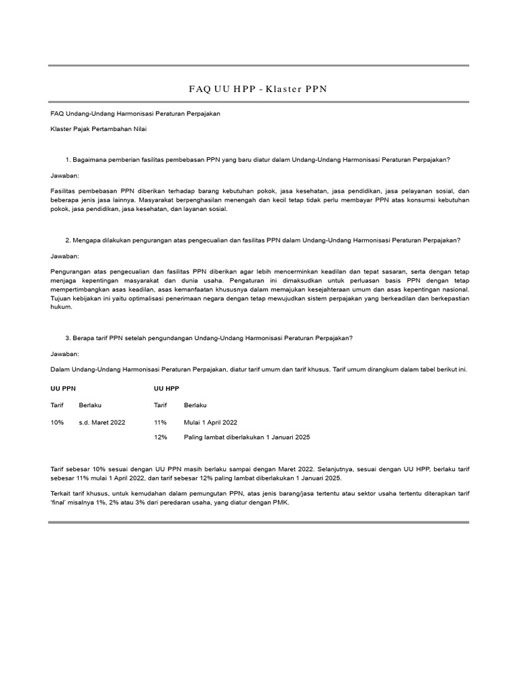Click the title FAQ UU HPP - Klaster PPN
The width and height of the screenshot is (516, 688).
click(258, 89)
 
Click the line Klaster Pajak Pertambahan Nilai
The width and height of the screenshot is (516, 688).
click(99, 128)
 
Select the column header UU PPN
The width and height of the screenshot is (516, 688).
click(63, 388)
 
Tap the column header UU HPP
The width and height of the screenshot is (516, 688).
click(167, 388)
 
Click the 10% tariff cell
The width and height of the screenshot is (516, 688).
click(57, 422)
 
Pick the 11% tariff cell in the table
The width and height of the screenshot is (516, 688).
click(160, 422)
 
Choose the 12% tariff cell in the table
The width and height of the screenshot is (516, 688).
click(160, 437)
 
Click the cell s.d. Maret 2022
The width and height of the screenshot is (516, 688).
click(101, 422)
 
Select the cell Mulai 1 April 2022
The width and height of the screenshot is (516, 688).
click(210, 422)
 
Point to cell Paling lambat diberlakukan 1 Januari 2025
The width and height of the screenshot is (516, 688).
click(247, 437)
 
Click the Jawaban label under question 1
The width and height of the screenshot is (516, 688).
click(64, 175)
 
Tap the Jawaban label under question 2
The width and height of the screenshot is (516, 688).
click(64, 256)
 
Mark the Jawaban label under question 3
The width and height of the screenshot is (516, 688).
click(64, 353)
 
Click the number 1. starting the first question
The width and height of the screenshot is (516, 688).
click(68, 160)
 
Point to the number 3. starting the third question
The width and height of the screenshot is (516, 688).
click(68, 338)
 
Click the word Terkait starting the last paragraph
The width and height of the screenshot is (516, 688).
click(61, 493)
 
